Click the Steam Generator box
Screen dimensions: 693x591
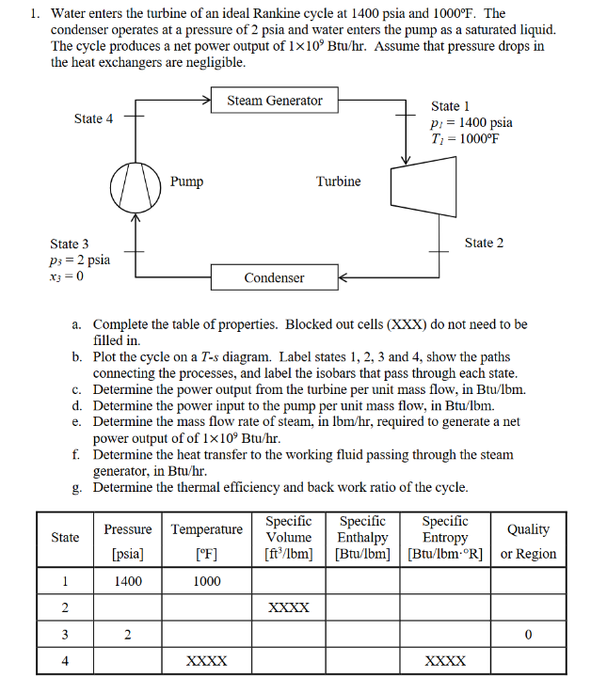click(x=275, y=101)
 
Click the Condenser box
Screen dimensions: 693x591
click(x=274, y=277)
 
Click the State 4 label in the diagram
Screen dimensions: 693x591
click(x=93, y=118)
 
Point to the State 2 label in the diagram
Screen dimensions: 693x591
click(x=484, y=243)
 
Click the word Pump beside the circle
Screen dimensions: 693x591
click(x=186, y=181)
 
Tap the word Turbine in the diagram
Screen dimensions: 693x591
click(x=338, y=181)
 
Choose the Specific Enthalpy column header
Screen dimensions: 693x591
click(x=362, y=537)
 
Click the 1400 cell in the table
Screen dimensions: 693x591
click(x=128, y=581)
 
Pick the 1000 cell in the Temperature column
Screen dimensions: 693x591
click(x=207, y=581)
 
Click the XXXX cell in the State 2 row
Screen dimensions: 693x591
click(x=288, y=608)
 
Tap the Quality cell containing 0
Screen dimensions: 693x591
click(x=528, y=635)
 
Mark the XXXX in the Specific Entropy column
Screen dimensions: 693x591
click(x=445, y=661)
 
